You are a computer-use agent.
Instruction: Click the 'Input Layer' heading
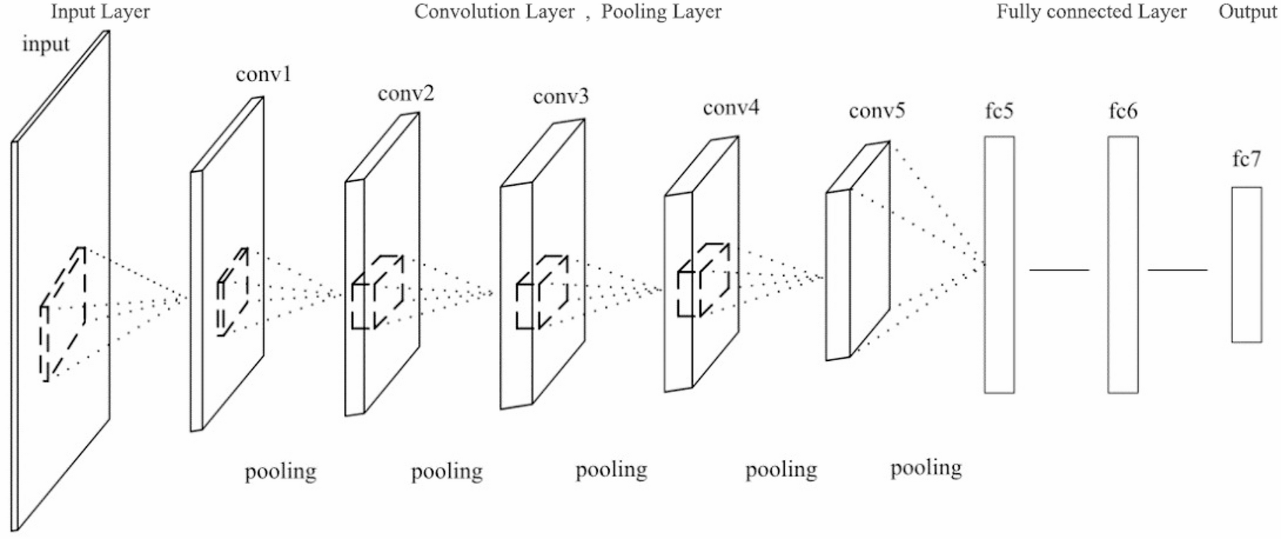pyautogui.click(x=100, y=11)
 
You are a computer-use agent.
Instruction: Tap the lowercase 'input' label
pyautogui.click(x=45, y=44)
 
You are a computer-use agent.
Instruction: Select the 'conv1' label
pyautogui.click(x=263, y=75)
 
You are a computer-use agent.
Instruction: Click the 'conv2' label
pyautogui.click(x=406, y=94)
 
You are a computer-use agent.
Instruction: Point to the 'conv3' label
pyautogui.click(x=561, y=96)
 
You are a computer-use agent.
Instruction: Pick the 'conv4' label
pyautogui.click(x=731, y=107)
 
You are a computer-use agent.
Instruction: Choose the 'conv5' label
pyautogui.click(x=877, y=111)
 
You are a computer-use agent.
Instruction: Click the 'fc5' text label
pyautogui.click(x=999, y=111)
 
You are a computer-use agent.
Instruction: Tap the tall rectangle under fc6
pyautogui.click(x=1122, y=264)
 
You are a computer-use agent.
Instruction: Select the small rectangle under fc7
pyautogui.click(x=1246, y=264)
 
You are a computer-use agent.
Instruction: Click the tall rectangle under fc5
pyautogui.click(x=999, y=264)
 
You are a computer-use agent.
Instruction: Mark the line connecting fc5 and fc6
pyautogui.click(x=1059, y=270)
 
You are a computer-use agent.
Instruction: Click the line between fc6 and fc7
pyautogui.click(x=1177, y=270)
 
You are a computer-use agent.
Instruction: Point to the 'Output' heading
pyautogui.click(x=1247, y=11)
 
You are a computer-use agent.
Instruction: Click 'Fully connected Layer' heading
pyautogui.click(x=1091, y=11)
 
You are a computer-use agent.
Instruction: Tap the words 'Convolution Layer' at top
pyautogui.click(x=494, y=11)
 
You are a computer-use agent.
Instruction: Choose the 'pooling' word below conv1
pyautogui.click(x=281, y=472)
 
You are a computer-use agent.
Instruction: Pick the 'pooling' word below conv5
pyautogui.click(x=926, y=468)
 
